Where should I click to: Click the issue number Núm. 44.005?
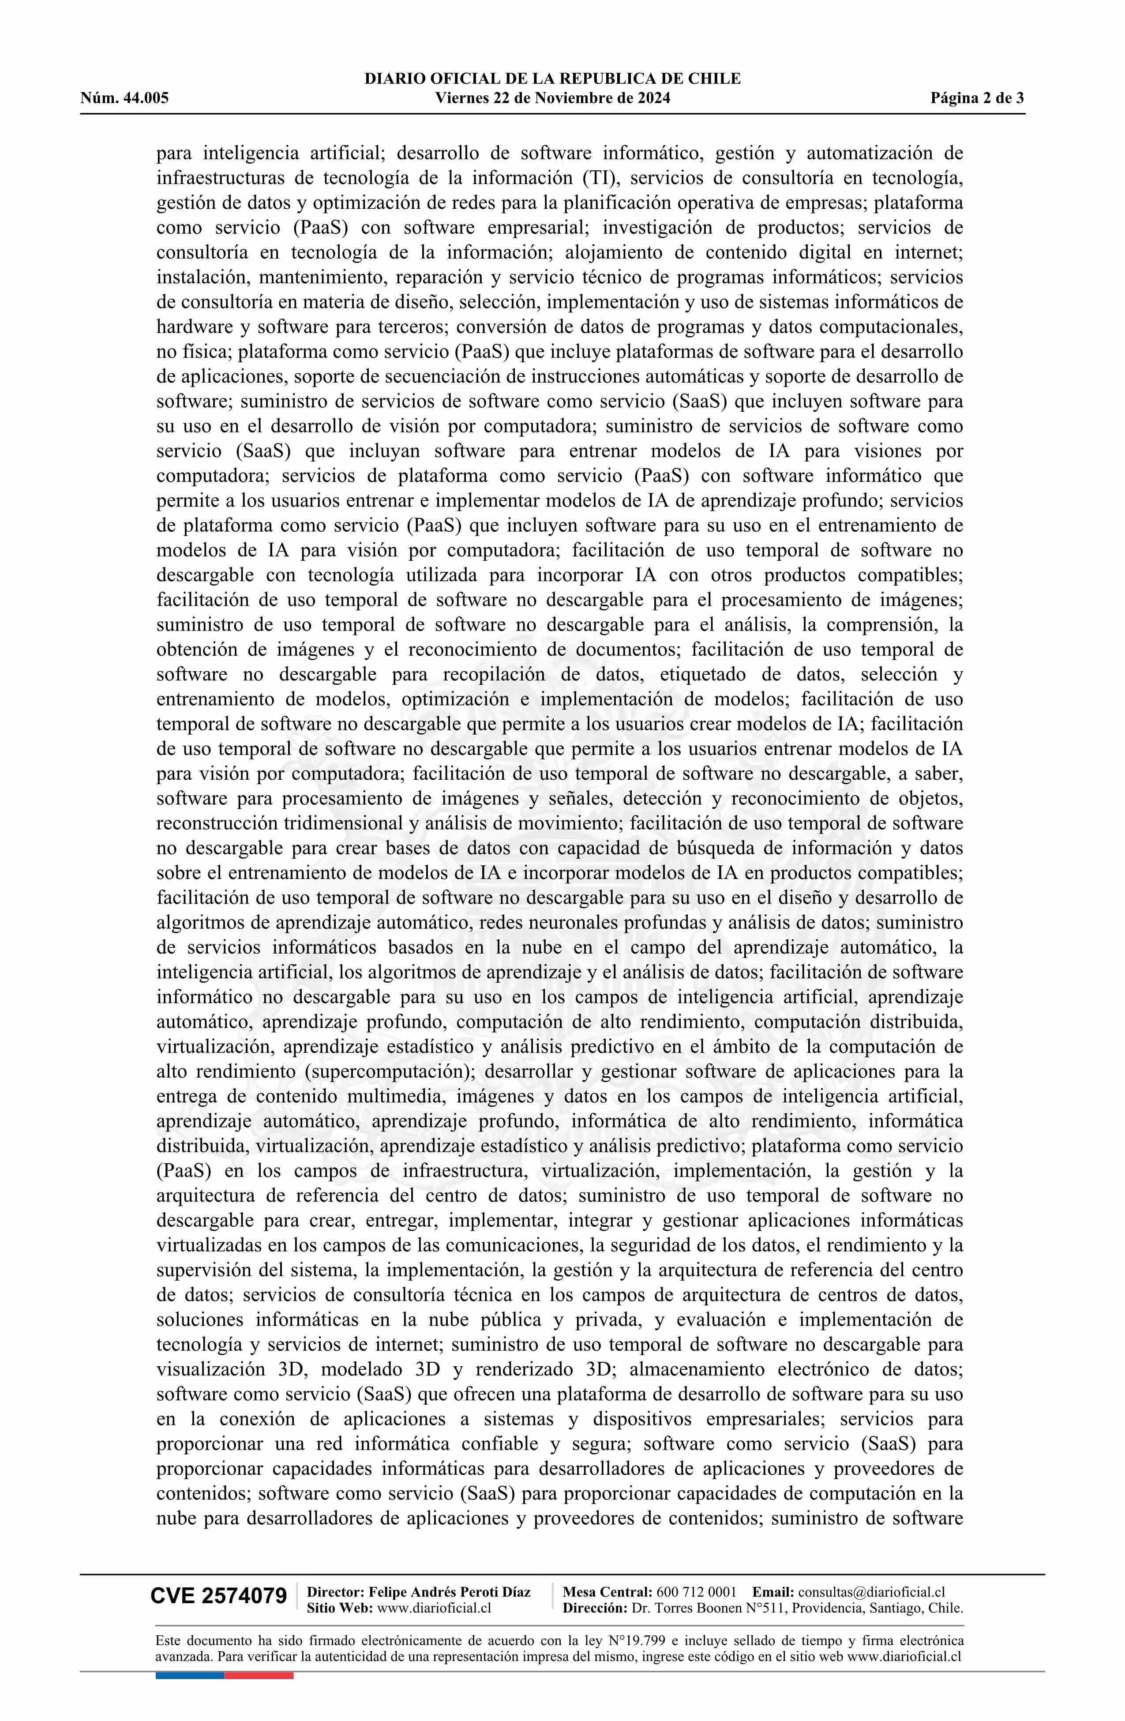[x=124, y=98]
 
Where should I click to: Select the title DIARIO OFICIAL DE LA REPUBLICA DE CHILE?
[x=552, y=79]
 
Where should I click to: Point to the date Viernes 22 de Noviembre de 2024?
[x=552, y=98]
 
